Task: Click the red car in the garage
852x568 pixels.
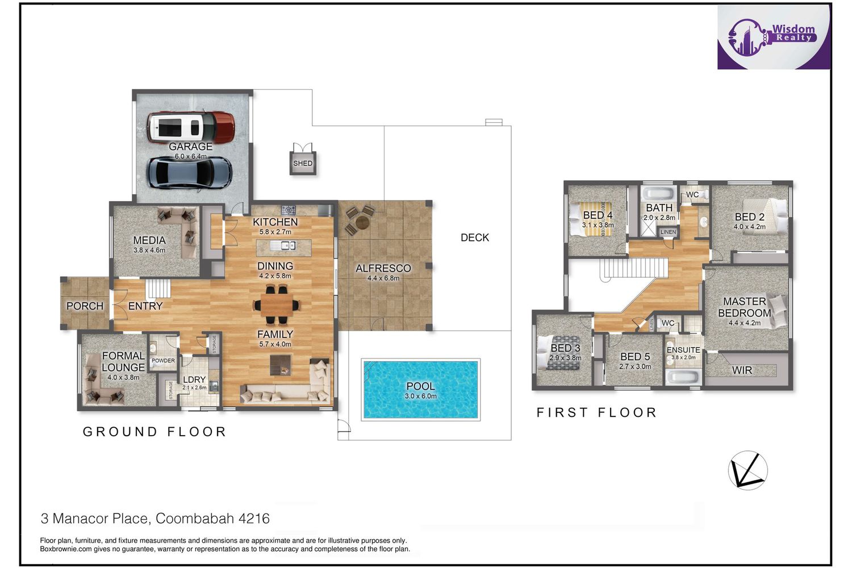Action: pyautogui.click(x=191, y=127)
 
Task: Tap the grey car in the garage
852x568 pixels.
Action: pyautogui.click(x=189, y=173)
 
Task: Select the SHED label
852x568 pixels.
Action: pyautogui.click(x=303, y=163)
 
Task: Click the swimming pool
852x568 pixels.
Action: pyautogui.click(x=421, y=389)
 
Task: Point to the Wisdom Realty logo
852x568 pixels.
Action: pyautogui.click(x=774, y=37)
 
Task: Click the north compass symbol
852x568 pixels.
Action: pyautogui.click(x=748, y=470)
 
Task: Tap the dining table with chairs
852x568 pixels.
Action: pyautogui.click(x=277, y=305)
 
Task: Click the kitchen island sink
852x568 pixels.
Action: pyautogui.click(x=284, y=246)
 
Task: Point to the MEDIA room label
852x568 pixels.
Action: pyautogui.click(x=149, y=240)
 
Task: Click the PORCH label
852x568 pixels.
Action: pyautogui.click(x=85, y=306)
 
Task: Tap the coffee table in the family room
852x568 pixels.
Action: pyautogui.click(x=281, y=365)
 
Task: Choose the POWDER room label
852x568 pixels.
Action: pyautogui.click(x=163, y=360)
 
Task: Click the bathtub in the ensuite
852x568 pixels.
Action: pyautogui.click(x=683, y=377)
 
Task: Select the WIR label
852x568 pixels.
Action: pyautogui.click(x=742, y=370)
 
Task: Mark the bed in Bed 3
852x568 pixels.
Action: pyautogui.click(x=558, y=353)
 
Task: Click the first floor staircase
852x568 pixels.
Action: pyautogui.click(x=634, y=268)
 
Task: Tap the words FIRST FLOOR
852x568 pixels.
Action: pyautogui.click(x=596, y=412)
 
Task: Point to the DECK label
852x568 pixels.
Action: pyautogui.click(x=475, y=237)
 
